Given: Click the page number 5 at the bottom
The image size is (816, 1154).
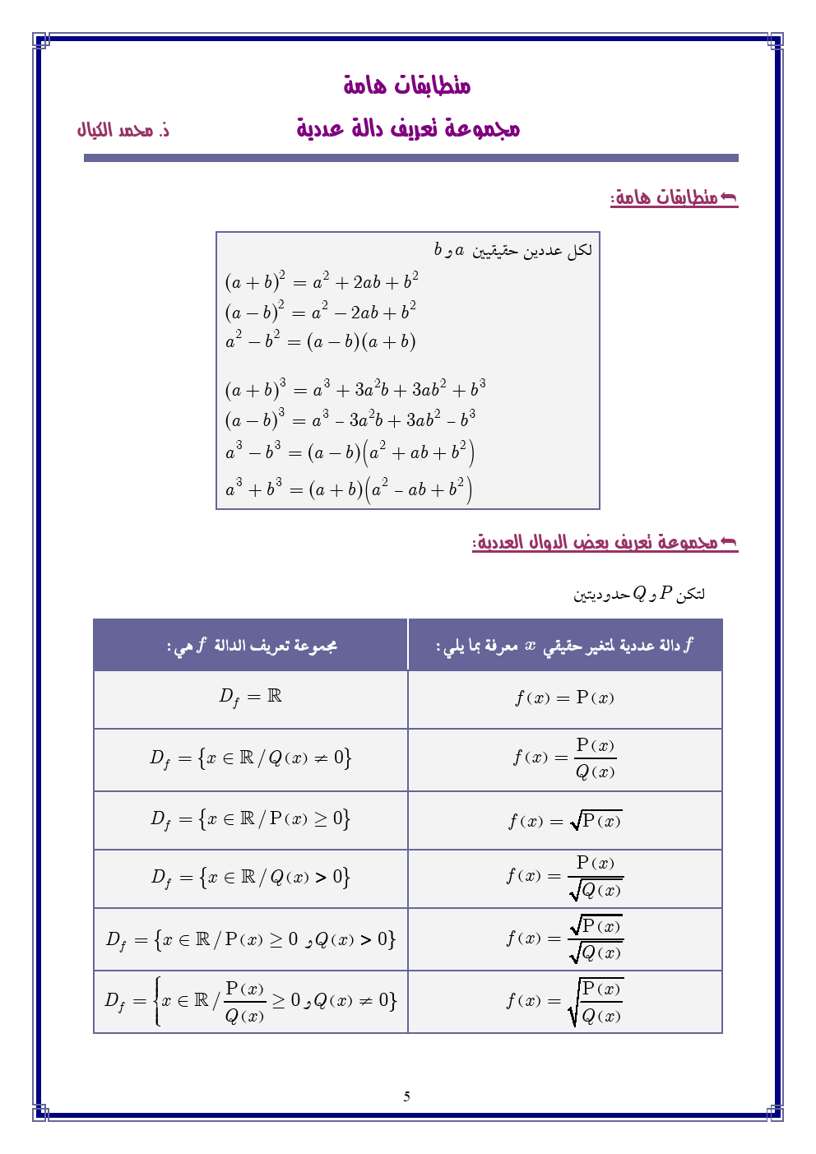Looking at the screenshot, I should [x=406, y=1096].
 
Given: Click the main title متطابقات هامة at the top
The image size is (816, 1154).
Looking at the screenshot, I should [x=407, y=85].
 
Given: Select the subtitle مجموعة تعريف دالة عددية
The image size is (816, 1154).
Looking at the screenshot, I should [x=408, y=128].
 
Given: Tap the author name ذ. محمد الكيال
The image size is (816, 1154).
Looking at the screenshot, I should [x=123, y=130].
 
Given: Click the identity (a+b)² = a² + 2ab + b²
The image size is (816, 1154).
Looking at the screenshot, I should [x=322, y=281].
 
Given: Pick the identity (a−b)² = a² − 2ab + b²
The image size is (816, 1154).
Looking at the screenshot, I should [x=321, y=312].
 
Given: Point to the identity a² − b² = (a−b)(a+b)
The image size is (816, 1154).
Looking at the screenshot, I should [x=321, y=341].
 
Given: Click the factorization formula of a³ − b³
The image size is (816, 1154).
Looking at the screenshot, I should [x=350, y=452].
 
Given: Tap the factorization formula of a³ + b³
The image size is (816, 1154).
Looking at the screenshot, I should [x=349, y=489].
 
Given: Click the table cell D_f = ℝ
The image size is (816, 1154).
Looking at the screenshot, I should [x=251, y=697].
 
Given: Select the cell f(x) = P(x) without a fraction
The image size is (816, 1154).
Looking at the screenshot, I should [x=564, y=698].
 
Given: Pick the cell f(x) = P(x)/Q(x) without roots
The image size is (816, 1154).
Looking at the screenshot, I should [x=564, y=758].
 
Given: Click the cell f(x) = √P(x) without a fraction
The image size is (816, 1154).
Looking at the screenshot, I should [x=564, y=820].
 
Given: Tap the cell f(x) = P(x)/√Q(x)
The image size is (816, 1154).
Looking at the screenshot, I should [x=564, y=877].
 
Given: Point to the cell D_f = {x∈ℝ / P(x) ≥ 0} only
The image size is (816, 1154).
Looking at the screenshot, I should [x=251, y=819].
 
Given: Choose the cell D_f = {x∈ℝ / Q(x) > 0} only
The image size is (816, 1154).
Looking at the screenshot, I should [x=251, y=878].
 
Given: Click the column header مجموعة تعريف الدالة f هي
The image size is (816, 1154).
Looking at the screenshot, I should [x=251, y=646].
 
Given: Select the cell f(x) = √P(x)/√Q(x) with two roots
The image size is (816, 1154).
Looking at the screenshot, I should [x=564, y=938].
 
